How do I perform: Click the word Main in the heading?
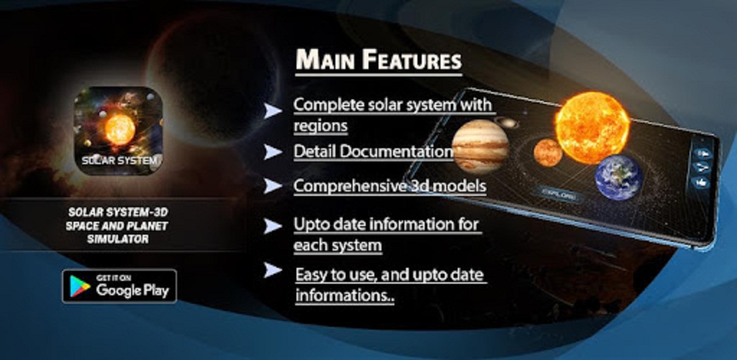point(324,60)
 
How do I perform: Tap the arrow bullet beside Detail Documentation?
point(272,152)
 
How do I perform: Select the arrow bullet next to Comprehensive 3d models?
point(272,186)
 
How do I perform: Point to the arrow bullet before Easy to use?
point(272,270)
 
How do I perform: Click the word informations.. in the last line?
point(345,296)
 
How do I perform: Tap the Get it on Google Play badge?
point(119,286)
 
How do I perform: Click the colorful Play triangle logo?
point(80,287)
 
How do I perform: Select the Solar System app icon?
point(119,131)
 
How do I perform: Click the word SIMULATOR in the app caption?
point(117,239)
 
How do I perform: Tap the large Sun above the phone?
point(592,127)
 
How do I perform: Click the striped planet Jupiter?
point(480,146)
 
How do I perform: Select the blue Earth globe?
point(618,178)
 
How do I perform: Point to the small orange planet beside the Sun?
point(548,152)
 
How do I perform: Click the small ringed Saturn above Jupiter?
point(506,123)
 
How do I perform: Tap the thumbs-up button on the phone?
point(702,182)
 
